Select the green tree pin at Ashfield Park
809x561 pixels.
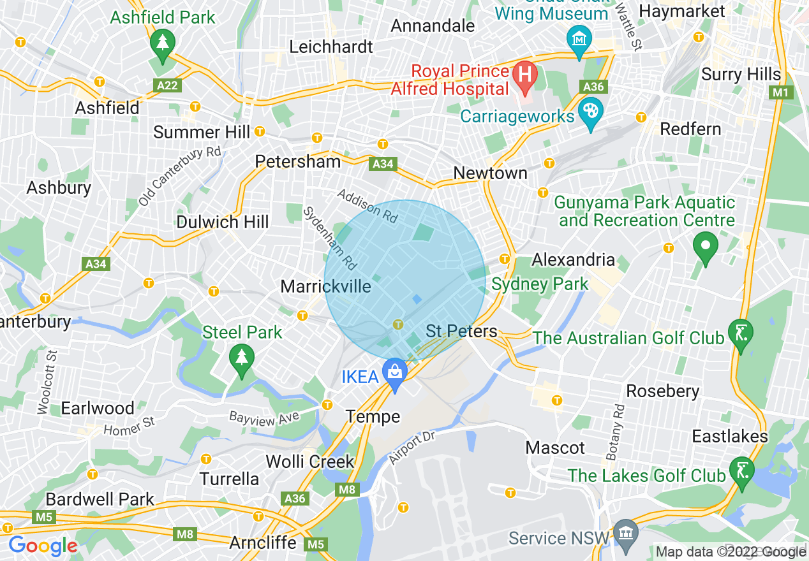(163, 44)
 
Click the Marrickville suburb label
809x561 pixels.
(325, 286)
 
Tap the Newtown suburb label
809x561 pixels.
(490, 173)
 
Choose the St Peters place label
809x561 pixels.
(461, 331)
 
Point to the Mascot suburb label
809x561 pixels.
(555, 448)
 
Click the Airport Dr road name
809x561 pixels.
(412, 448)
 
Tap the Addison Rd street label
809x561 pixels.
(367, 205)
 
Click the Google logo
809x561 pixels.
(43, 546)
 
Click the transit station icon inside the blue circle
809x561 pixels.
(398, 324)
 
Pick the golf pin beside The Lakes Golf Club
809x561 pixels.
(741, 472)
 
